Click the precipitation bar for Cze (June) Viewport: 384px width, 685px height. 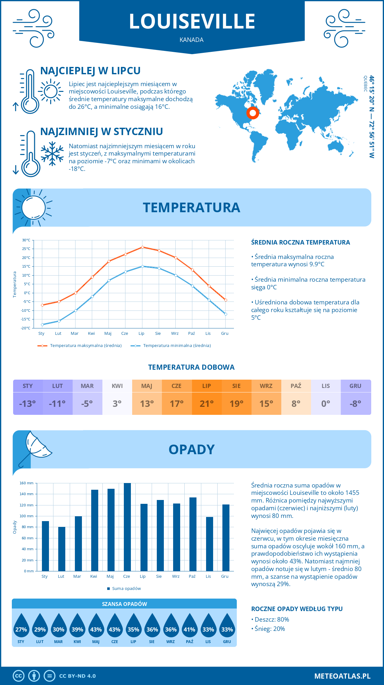(x=127, y=527)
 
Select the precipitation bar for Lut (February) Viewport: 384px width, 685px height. (x=61, y=549)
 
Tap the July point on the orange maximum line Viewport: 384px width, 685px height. (x=142, y=247)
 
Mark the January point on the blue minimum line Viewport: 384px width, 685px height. (x=42, y=325)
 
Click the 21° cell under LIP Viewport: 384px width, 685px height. (x=207, y=404)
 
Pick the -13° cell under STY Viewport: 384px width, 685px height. (x=28, y=404)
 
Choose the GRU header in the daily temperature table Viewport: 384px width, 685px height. (x=356, y=386)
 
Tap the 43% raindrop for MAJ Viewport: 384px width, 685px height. (x=96, y=630)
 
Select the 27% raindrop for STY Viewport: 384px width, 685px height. (x=21, y=630)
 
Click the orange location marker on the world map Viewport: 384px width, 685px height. (x=252, y=113)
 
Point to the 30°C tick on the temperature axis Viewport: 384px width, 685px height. (x=26, y=240)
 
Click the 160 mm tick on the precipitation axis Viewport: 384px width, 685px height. (x=27, y=483)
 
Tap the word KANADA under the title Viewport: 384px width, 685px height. (x=191, y=40)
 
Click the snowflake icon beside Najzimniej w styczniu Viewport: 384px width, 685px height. (x=52, y=154)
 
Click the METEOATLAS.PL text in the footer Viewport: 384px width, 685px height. (x=342, y=676)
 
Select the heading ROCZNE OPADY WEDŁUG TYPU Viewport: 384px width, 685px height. (x=297, y=609)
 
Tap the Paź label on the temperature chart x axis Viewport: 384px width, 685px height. (x=191, y=334)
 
